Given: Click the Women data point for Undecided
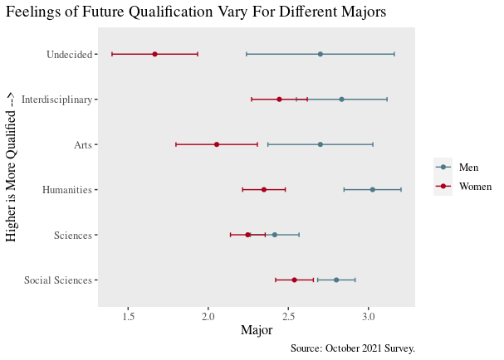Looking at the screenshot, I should click(154, 54).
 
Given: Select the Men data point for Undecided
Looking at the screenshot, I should click(321, 54).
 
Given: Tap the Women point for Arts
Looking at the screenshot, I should click(217, 144).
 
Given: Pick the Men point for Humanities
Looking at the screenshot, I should click(372, 190).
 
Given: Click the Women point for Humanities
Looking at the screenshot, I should click(264, 190).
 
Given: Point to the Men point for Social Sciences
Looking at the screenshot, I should click(336, 280).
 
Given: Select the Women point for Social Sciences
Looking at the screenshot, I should click(294, 280).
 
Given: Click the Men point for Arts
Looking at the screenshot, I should click(321, 144).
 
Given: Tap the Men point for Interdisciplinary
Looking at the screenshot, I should click(341, 100).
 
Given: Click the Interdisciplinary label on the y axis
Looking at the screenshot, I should click(56, 100).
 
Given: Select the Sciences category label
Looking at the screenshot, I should click(72, 236).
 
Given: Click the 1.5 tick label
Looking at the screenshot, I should click(129, 316).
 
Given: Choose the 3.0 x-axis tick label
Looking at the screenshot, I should click(369, 316).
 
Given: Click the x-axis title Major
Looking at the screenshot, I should click(257, 331).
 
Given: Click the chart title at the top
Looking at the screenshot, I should click(196, 12).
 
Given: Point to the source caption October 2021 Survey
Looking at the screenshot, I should click(353, 348).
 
